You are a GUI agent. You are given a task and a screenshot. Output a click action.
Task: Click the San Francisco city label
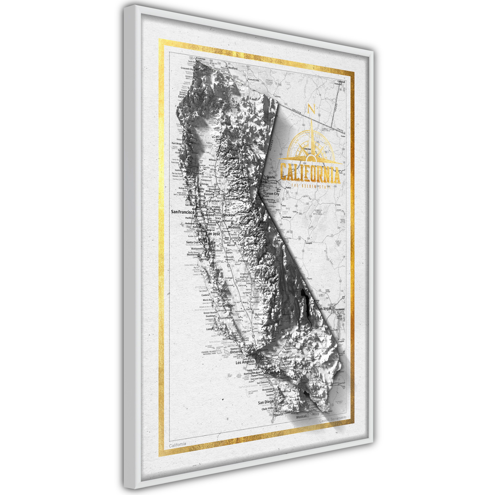coord(183,212)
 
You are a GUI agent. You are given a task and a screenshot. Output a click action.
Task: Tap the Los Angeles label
coord(245,362)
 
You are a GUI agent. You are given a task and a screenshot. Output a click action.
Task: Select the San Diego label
coord(265,402)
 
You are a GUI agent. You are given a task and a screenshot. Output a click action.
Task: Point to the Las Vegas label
coord(325,309)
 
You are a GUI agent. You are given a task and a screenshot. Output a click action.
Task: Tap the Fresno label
coord(242,261)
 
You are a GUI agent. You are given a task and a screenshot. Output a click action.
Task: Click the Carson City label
coord(272,194)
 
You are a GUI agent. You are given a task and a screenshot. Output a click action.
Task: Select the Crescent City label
coord(187,69)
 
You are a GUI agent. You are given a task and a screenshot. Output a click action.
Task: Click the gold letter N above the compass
coord(311,109)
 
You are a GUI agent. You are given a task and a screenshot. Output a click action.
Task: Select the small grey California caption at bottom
coord(178,445)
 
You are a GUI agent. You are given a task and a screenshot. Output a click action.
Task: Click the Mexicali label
coord(301,417)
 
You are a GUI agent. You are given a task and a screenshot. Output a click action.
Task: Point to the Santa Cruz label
coord(192,242)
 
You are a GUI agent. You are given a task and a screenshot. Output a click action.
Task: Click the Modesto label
coord(234,227)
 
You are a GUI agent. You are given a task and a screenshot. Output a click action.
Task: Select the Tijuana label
coord(278,414)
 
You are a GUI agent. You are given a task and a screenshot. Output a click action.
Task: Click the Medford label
coord(233,68)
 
